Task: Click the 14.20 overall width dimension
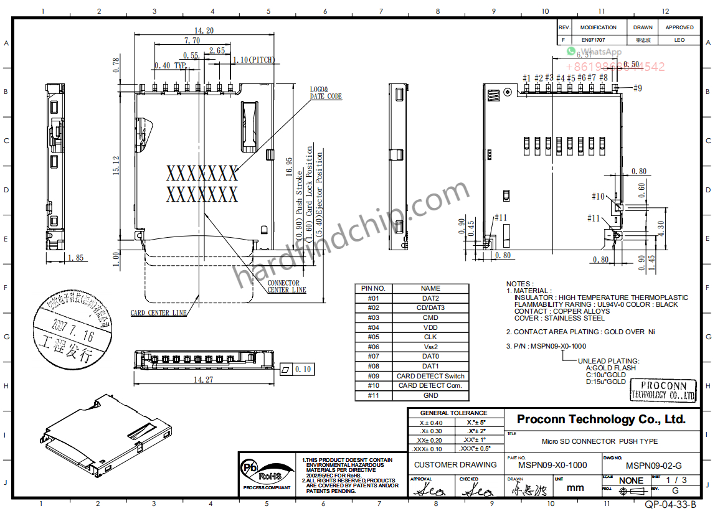(x=204, y=30)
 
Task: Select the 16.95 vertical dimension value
(x=288, y=167)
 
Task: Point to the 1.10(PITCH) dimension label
(x=253, y=60)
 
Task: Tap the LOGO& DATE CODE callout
(x=326, y=93)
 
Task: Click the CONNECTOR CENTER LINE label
(x=286, y=286)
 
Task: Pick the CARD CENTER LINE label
(x=158, y=313)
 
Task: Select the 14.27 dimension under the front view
(x=203, y=379)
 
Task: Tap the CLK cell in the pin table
(x=430, y=337)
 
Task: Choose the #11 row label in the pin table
(x=373, y=395)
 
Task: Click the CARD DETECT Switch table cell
(x=430, y=376)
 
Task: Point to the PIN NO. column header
(x=373, y=288)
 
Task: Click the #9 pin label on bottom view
(x=637, y=88)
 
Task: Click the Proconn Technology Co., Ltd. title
(x=601, y=419)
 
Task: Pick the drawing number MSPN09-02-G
(x=653, y=466)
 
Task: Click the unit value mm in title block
(x=575, y=487)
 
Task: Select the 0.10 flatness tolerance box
(x=296, y=369)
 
